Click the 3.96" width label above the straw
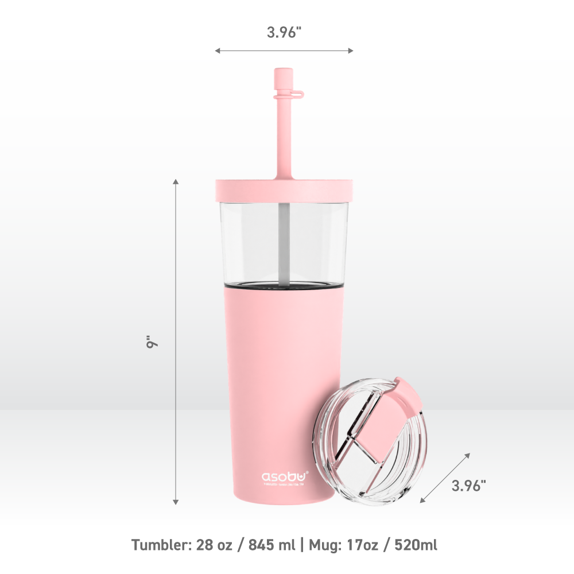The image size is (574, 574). [284, 33]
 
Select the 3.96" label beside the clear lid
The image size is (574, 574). [468, 486]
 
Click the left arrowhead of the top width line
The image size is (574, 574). [218, 51]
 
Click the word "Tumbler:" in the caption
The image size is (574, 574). [157, 544]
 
